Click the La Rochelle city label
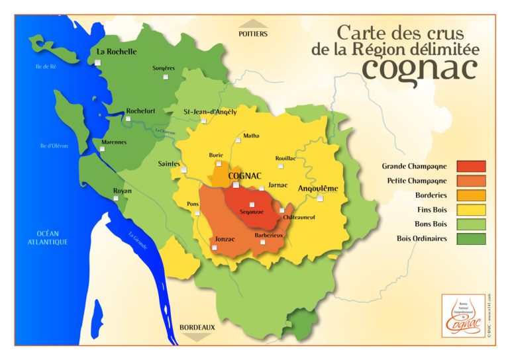point(117,51)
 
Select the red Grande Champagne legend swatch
point(471,166)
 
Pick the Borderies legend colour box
point(471,195)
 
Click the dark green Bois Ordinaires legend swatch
point(471,238)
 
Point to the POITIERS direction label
point(253,32)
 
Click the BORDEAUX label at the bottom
point(197,326)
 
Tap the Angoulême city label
point(318,189)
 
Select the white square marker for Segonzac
point(252,204)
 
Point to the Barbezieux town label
point(269,235)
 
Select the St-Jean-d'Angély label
point(210,112)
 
